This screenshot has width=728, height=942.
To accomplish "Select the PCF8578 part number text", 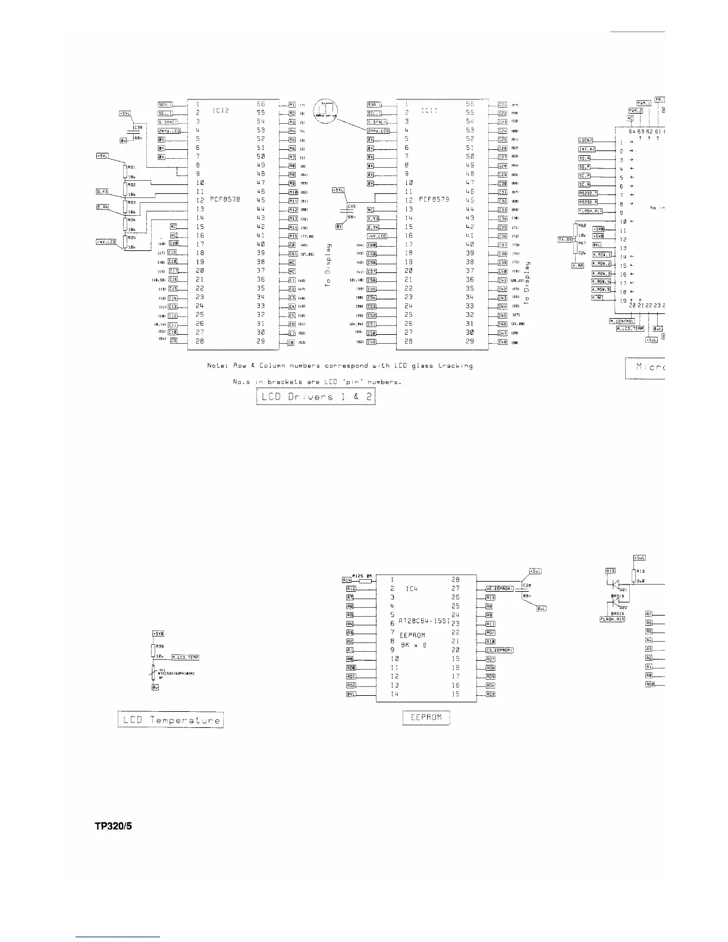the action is (x=224, y=200).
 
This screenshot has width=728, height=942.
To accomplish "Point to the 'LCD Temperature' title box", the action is (x=170, y=720).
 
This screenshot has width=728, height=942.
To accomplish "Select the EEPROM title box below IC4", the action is (x=426, y=717).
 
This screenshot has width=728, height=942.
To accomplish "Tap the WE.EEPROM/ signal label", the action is (x=500, y=588).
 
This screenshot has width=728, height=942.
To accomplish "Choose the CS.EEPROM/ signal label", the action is (x=500, y=650).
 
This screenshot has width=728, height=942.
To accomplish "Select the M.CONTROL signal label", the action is (x=622, y=321).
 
